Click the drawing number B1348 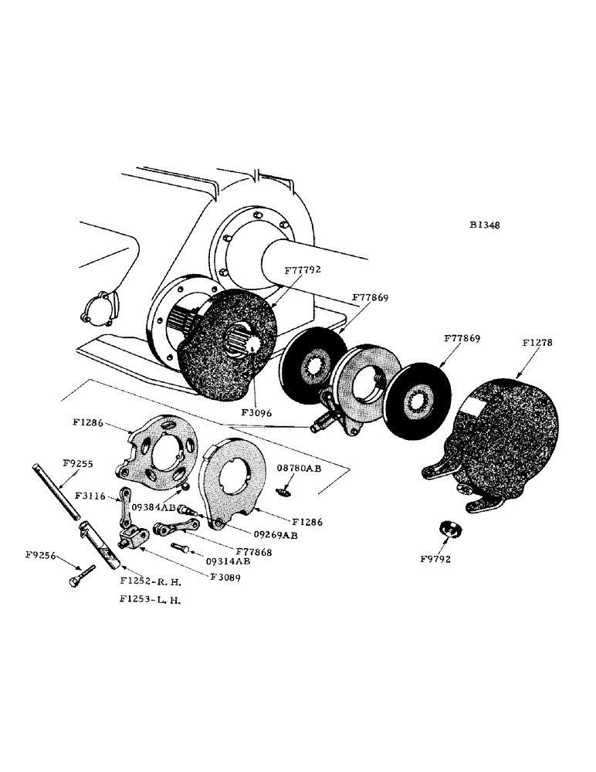(x=484, y=226)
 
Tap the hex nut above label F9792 (x=447, y=529)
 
